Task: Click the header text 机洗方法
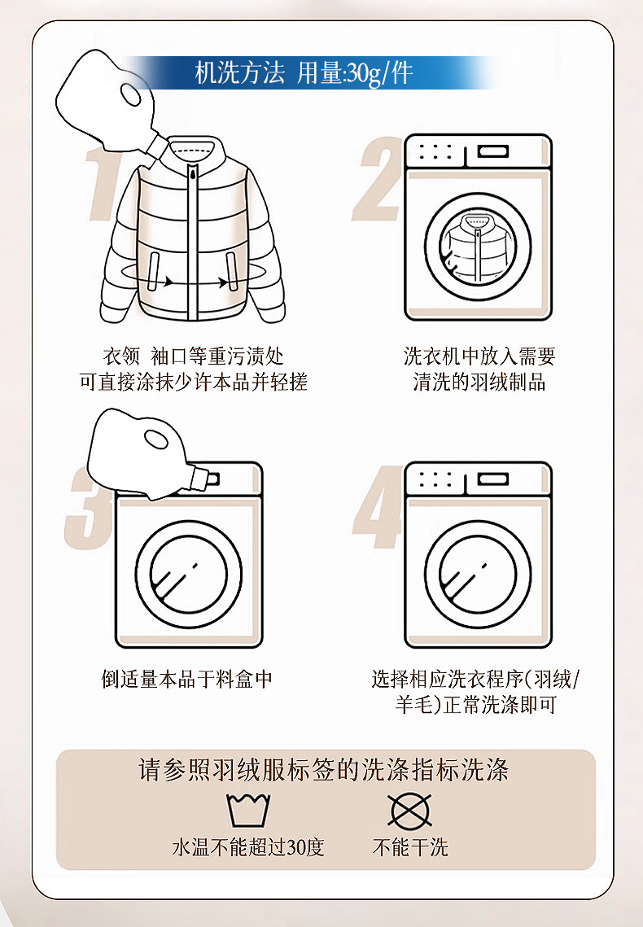tap(239, 73)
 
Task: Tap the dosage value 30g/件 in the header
tap(379, 73)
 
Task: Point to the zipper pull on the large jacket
tap(193, 172)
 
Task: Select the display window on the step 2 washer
tap(492, 151)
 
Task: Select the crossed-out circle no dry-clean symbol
tap(410, 810)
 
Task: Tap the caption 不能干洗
tap(410, 847)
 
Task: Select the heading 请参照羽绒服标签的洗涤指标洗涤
tap(324, 770)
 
